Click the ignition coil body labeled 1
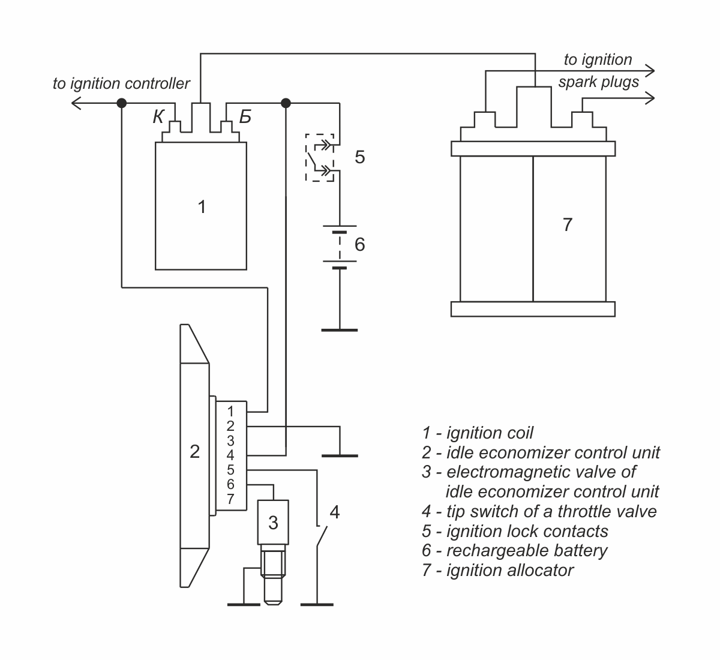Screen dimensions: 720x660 coord(200,206)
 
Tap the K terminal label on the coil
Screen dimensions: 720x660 coord(158,117)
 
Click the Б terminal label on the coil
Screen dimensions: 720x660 coord(245,117)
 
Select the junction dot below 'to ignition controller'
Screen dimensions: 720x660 coord(122,103)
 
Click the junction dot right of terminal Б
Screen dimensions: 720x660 coord(286,103)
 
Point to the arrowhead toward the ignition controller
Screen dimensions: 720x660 coord(76,103)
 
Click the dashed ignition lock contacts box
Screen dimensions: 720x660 coord(319,158)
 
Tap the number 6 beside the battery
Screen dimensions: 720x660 coord(359,244)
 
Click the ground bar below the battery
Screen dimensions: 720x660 coord(339,330)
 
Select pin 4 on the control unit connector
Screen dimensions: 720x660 coord(230,455)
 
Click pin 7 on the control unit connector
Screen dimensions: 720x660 coord(230,499)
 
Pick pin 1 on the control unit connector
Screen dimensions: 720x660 coord(230,411)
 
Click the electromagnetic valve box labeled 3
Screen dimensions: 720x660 coord(273,522)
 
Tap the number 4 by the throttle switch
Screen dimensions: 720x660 coord(335,512)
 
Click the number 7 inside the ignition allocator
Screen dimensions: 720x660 coord(567,224)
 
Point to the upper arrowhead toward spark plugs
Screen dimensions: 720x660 coord(650,71)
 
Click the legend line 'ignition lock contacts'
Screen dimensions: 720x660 coord(515,531)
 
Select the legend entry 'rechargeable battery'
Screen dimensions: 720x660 coord(514,550)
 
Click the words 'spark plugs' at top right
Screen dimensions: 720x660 coord(598,82)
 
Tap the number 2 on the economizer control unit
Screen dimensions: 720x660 coord(194,451)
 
